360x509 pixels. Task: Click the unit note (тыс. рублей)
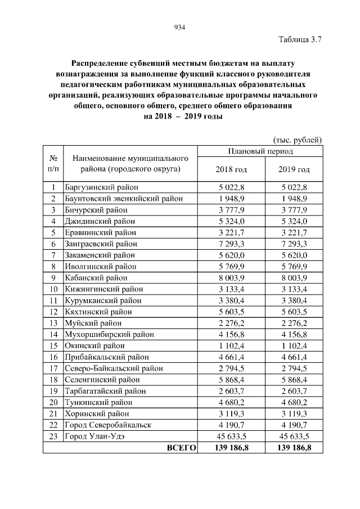297,139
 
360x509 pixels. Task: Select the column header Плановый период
260,151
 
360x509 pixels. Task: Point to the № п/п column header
53,163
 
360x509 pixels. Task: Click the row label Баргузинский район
101,187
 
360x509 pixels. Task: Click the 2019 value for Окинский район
294,346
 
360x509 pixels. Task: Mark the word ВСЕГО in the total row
181,448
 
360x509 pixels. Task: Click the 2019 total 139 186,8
294,448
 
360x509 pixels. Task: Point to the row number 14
53,335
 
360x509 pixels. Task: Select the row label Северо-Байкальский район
114,368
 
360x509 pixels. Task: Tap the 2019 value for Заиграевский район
294,244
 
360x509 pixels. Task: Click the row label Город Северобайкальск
108,425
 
